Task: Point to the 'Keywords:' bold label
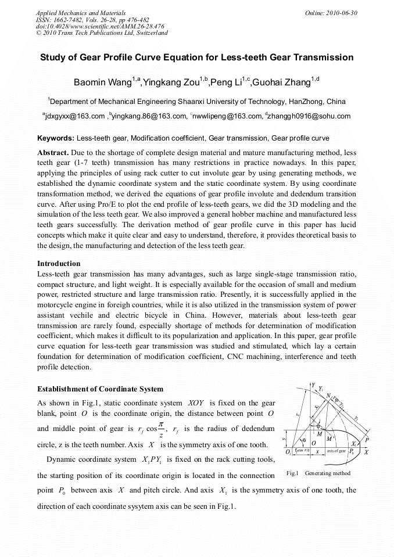[x=55, y=138]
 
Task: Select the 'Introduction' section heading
[x=59, y=263]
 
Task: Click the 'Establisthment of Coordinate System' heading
[x=100, y=389]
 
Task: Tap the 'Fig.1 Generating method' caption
[x=318, y=473]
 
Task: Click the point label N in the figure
[x=329, y=396]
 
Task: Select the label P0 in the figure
[x=353, y=451]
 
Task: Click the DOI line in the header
[x=100, y=26]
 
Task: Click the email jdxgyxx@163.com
[x=74, y=116]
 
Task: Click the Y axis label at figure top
[x=313, y=385]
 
